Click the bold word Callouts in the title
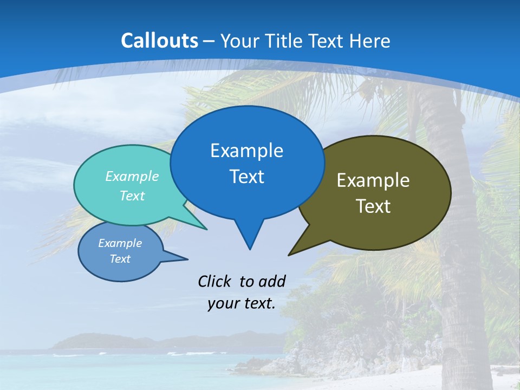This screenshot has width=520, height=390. (x=159, y=41)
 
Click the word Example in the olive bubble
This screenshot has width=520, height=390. (x=373, y=180)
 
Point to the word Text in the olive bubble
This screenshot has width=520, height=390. (x=373, y=206)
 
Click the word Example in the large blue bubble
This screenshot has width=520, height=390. (x=246, y=151)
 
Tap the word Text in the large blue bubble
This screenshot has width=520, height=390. (x=246, y=177)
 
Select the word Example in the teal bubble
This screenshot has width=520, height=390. (x=132, y=176)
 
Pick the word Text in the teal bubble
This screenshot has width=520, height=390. (x=132, y=196)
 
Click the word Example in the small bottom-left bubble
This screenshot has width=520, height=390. (x=120, y=243)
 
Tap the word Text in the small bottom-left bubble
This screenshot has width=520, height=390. (x=120, y=259)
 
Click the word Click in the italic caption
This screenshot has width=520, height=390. (x=216, y=281)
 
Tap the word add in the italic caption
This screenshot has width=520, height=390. (x=271, y=281)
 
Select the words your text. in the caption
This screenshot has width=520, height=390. (x=241, y=303)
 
